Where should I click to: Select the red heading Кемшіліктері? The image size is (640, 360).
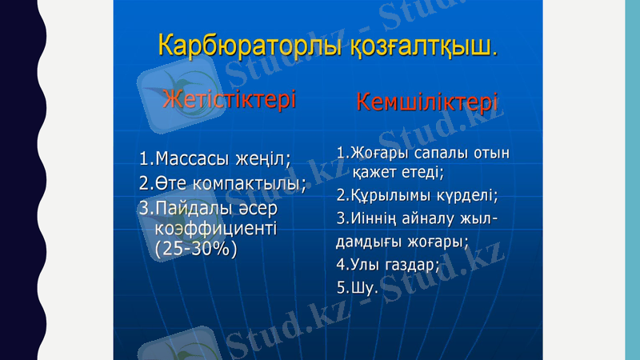[427, 102]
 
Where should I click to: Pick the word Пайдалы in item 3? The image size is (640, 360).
[192, 209]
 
